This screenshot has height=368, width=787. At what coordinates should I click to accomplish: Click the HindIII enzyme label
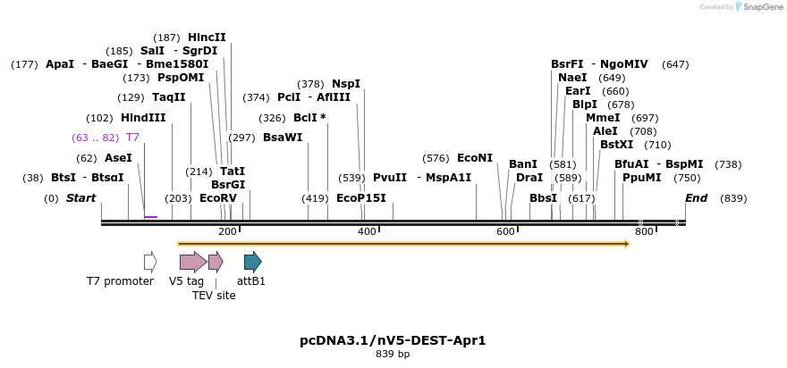(143, 118)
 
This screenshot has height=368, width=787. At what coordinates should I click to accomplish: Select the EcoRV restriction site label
(218, 197)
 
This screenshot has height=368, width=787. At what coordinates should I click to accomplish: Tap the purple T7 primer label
(132, 138)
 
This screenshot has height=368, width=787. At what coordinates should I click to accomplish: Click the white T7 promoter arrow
(150, 262)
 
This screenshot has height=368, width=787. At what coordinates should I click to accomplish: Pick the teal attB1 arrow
(253, 262)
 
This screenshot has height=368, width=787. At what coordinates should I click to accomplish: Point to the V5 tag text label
(186, 280)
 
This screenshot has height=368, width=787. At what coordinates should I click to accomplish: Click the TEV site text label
(214, 295)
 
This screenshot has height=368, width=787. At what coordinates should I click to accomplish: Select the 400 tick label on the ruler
(367, 231)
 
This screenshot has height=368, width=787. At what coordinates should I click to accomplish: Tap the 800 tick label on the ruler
(644, 231)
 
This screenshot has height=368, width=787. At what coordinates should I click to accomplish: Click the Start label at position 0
(80, 197)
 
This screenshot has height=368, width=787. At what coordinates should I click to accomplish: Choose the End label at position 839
(696, 197)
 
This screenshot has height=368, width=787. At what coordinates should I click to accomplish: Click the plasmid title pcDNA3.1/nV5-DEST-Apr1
(393, 340)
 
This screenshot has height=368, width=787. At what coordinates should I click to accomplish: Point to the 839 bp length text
(393, 355)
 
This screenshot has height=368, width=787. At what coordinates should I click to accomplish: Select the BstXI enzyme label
(616, 144)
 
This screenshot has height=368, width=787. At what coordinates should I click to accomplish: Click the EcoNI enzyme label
(475, 158)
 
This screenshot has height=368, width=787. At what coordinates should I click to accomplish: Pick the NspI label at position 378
(346, 84)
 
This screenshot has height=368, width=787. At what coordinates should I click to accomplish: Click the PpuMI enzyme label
(642, 177)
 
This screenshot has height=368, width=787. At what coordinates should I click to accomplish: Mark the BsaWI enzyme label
(283, 138)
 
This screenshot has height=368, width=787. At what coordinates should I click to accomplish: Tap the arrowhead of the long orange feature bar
(627, 243)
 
